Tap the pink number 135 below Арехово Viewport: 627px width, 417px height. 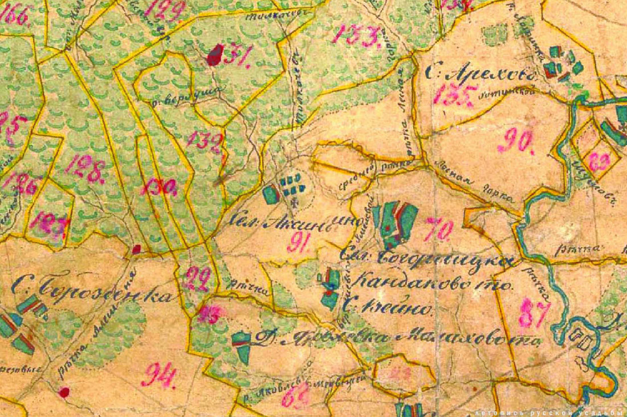[x=453, y=96]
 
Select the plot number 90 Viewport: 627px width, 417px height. [x=515, y=141]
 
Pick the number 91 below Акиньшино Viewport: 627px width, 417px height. [x=298, y=244]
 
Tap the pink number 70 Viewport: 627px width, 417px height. [x=439, y=229]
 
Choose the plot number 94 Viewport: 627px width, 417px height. [x=159, y=375]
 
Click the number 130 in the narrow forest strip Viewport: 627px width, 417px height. [x=158, y=187]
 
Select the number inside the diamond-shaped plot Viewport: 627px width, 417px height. [x=599, y=161]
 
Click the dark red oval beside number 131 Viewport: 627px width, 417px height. [x=214, y=56]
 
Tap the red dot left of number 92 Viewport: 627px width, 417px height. [x=136, y=249]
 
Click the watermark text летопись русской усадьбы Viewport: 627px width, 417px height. [x=549, y=411]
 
